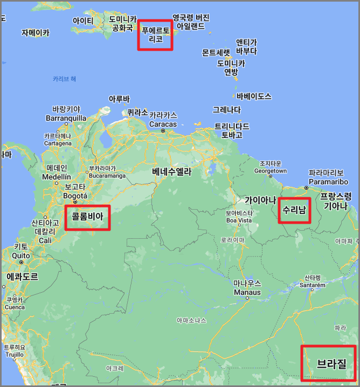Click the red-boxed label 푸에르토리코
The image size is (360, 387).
[155, 34]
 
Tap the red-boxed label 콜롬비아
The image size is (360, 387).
[87, 217]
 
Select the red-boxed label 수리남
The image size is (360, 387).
[294, 210]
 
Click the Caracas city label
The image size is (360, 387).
[163, 124]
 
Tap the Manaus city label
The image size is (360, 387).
[247, 292]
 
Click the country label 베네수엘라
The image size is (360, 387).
[171, 172]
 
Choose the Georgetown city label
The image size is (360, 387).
[271, 171]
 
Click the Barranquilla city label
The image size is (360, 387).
[66, 118]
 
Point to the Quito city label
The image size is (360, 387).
[20, 255]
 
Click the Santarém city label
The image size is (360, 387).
[313, 285]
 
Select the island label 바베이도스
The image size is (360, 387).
[254, 96]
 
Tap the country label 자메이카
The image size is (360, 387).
[36, 32]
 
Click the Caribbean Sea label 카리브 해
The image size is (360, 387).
[65, 79]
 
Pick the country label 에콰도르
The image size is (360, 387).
[22, 277]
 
